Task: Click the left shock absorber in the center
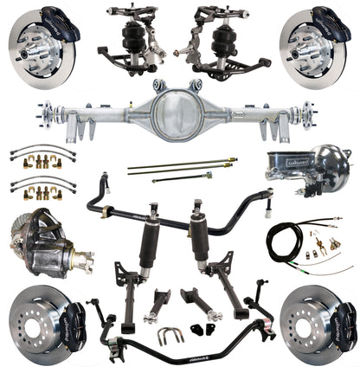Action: pos(157,229)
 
